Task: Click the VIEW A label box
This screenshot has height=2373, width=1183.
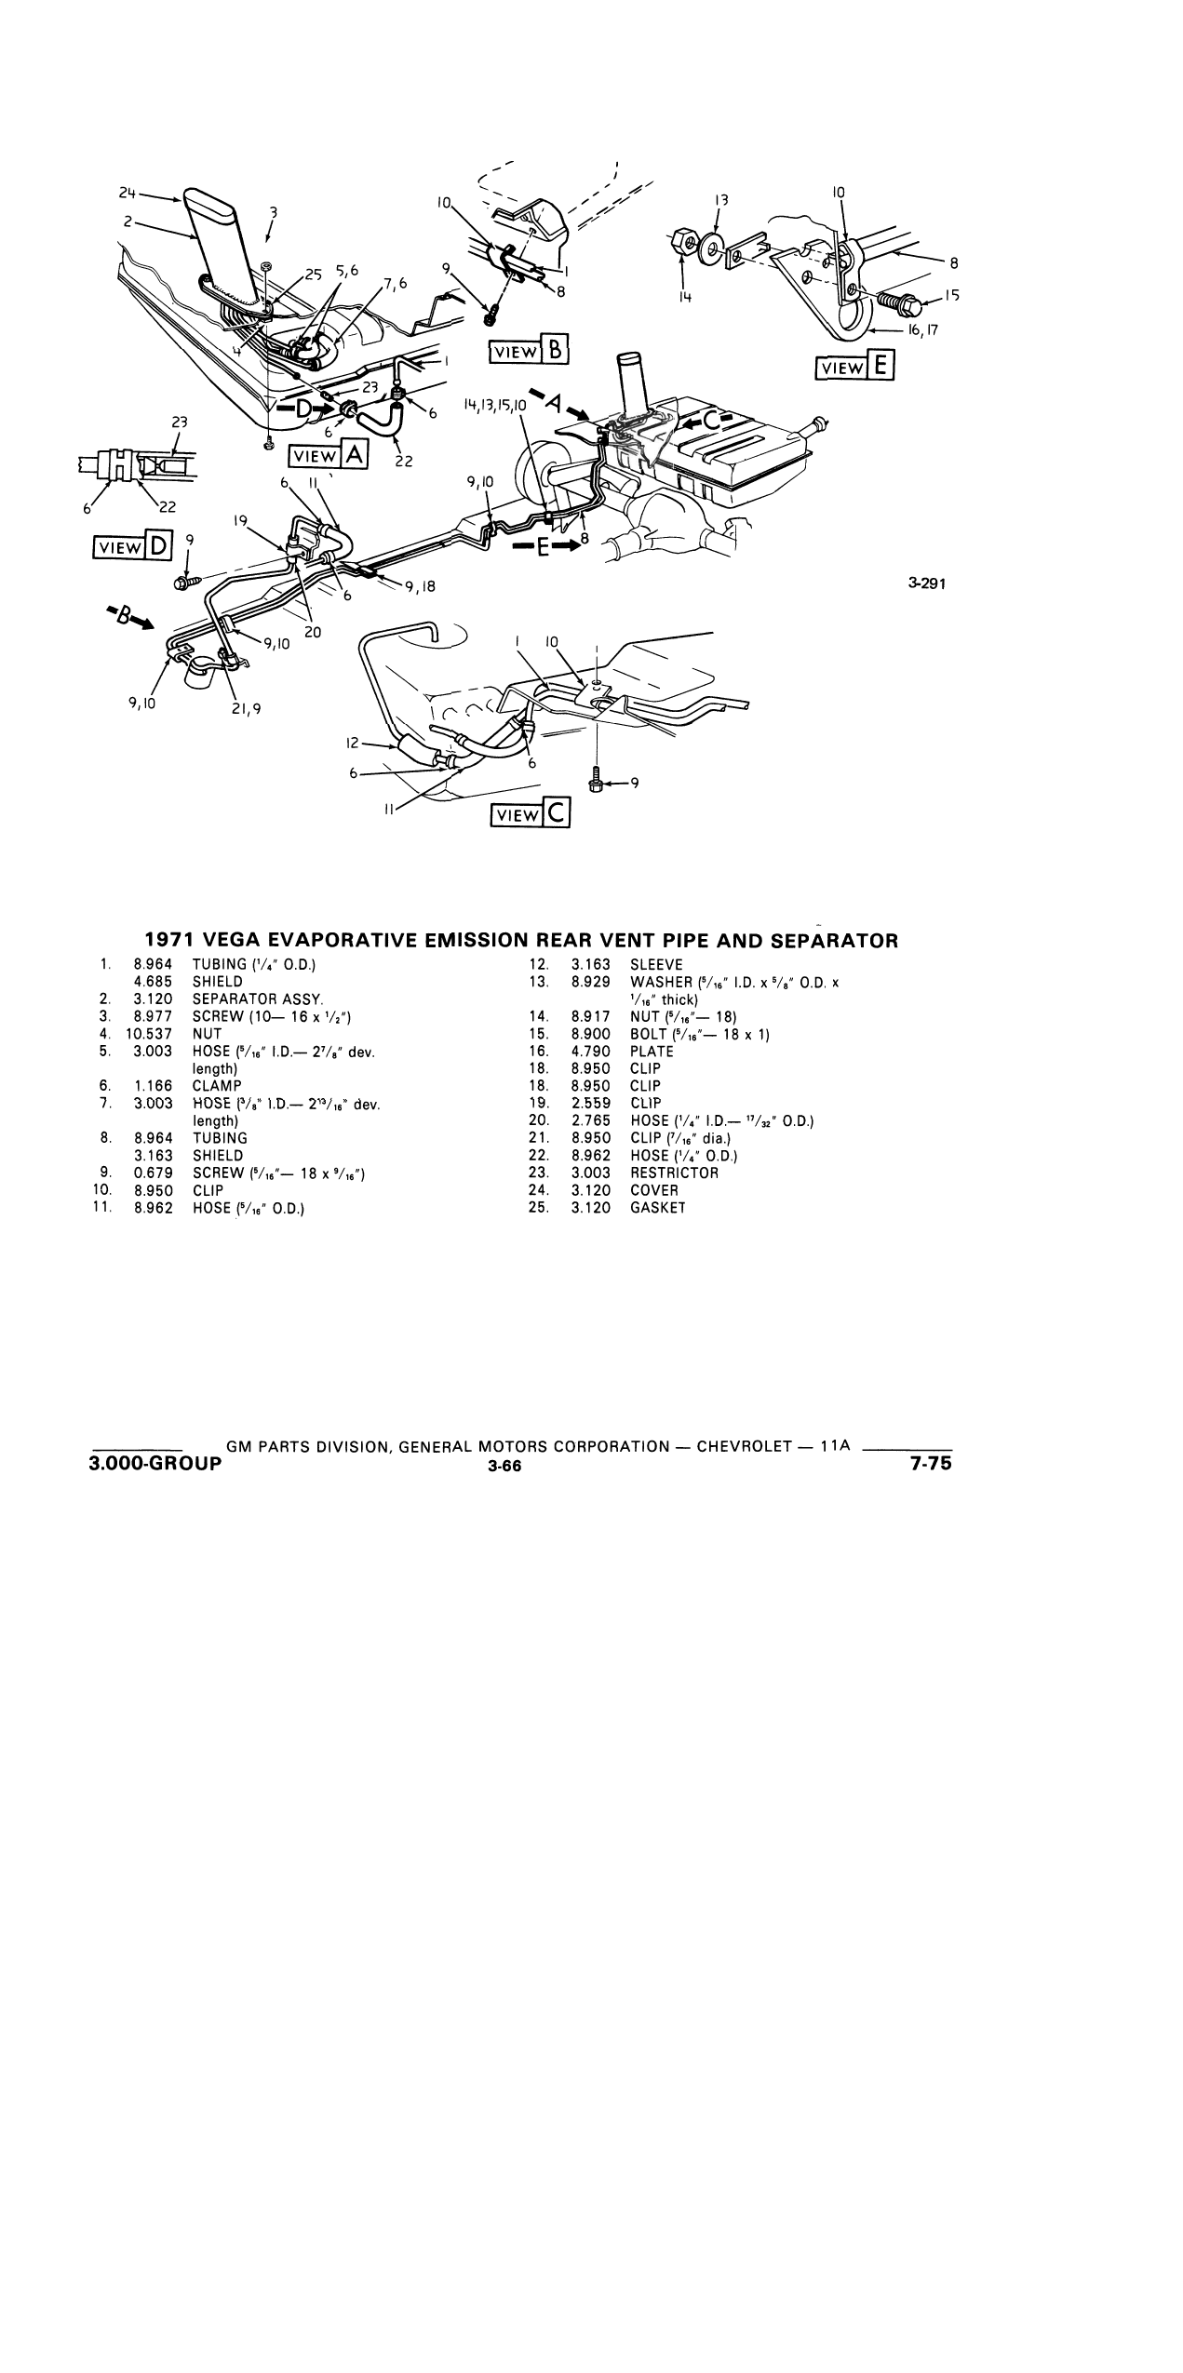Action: pyautogui.click(x=329, y=455)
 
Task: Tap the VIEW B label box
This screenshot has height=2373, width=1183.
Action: pyautogui.click(x=529, y=350)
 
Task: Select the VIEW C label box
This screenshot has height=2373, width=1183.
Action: pyautogui.click(x=531, y=814)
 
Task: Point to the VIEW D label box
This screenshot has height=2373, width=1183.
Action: pyautogui.click(x=132, y=548)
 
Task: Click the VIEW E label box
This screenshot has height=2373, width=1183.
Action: pyautogui.click(x=854, y=366)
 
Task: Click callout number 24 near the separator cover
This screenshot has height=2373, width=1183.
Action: pyautogui.click(x=128, y=193)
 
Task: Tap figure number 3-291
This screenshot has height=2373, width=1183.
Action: pyautogui.click(x=926, y=584)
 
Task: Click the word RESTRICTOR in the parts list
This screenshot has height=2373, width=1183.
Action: pyautogui.click(x=675, y=1173)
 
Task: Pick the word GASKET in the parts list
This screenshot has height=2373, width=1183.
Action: pyautogui.click(x=658, y=1208)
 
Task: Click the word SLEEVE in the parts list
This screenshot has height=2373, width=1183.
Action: pyautogui.click(x=656, y=965)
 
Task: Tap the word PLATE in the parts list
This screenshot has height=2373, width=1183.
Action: pyautogui.click(x=652, y=1052)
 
